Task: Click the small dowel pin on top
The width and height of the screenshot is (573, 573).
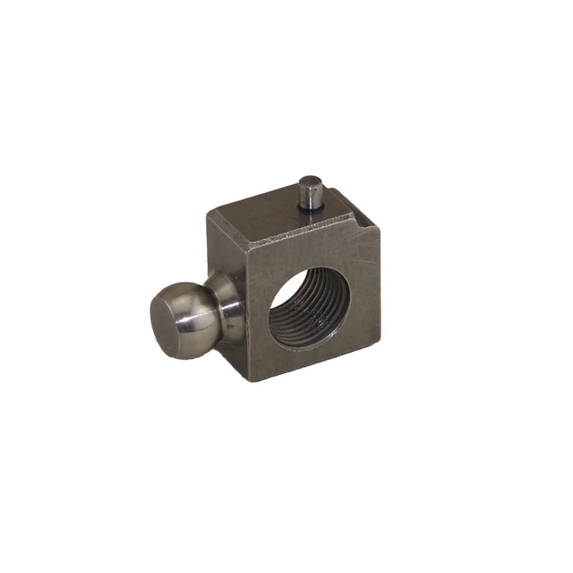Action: [x=311, y=193]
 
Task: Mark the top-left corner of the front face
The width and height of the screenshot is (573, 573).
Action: [x=246, y=255]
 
